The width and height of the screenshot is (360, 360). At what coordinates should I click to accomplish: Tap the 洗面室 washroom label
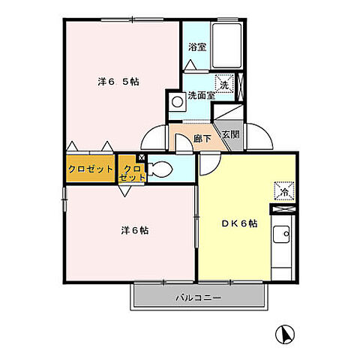pyautogui.click(x=201, y=95)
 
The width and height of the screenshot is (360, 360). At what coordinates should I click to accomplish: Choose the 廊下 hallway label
pyautogui.click(x=202, y=137)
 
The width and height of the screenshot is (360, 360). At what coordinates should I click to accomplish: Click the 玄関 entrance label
pyautogui.click(x=231, y=136)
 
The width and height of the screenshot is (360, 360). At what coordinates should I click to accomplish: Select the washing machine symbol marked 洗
pyautogui.click(x=225, y=85)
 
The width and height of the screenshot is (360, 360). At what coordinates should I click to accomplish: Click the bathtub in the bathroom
pyautogui.click(x=227, y=45)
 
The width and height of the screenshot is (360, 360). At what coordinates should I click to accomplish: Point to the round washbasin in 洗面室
pyautogui.click(x=178, y=101)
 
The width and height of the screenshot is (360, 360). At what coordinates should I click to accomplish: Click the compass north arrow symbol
pyautogui.click(x=285, y=332)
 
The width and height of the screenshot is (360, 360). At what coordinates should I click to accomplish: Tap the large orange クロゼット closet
pyautogui.click(x=91, y=169)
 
